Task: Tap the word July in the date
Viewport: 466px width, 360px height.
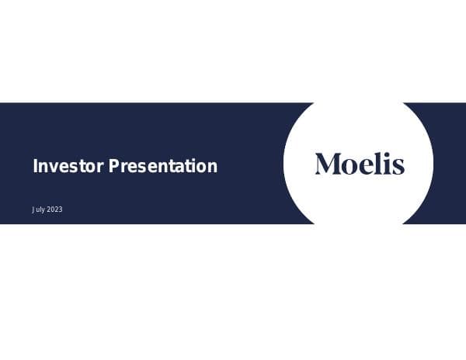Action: (38, 210)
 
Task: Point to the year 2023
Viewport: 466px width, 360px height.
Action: (54, 210)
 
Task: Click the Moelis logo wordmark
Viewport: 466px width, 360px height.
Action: (360, 164)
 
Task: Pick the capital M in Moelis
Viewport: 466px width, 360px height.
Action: (326, 164)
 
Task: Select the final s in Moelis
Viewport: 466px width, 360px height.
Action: (398, 165)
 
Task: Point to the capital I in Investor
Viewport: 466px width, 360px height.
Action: (35, 165)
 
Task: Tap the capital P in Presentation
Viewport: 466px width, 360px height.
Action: (113, 165)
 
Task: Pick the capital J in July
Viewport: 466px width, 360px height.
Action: (33, 210)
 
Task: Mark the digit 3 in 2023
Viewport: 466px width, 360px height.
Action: (60, 210)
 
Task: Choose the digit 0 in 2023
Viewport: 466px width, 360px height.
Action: (51, 210)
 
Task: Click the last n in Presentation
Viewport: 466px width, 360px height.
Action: (212, 167)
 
